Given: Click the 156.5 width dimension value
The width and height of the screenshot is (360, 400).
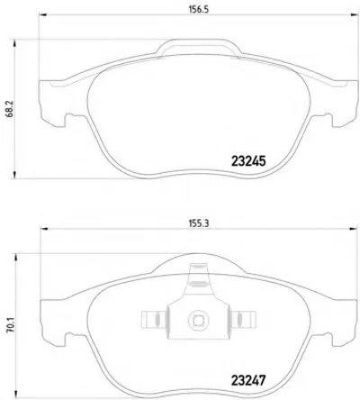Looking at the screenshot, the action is point(198,9).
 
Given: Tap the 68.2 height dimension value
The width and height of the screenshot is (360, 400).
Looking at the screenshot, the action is point(9,110).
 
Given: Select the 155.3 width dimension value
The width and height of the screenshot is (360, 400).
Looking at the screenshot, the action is point(198,223).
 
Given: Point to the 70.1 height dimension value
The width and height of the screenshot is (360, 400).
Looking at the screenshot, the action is point(11,326).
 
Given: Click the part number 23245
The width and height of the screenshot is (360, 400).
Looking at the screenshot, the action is point(248,161).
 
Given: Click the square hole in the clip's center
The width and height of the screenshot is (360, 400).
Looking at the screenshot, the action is point(198,321).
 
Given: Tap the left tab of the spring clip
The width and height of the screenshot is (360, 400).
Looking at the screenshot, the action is point(153,319).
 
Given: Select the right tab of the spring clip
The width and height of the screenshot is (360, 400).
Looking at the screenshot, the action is point(243,319).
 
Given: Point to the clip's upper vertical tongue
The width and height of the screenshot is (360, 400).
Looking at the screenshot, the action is point(198,277).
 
